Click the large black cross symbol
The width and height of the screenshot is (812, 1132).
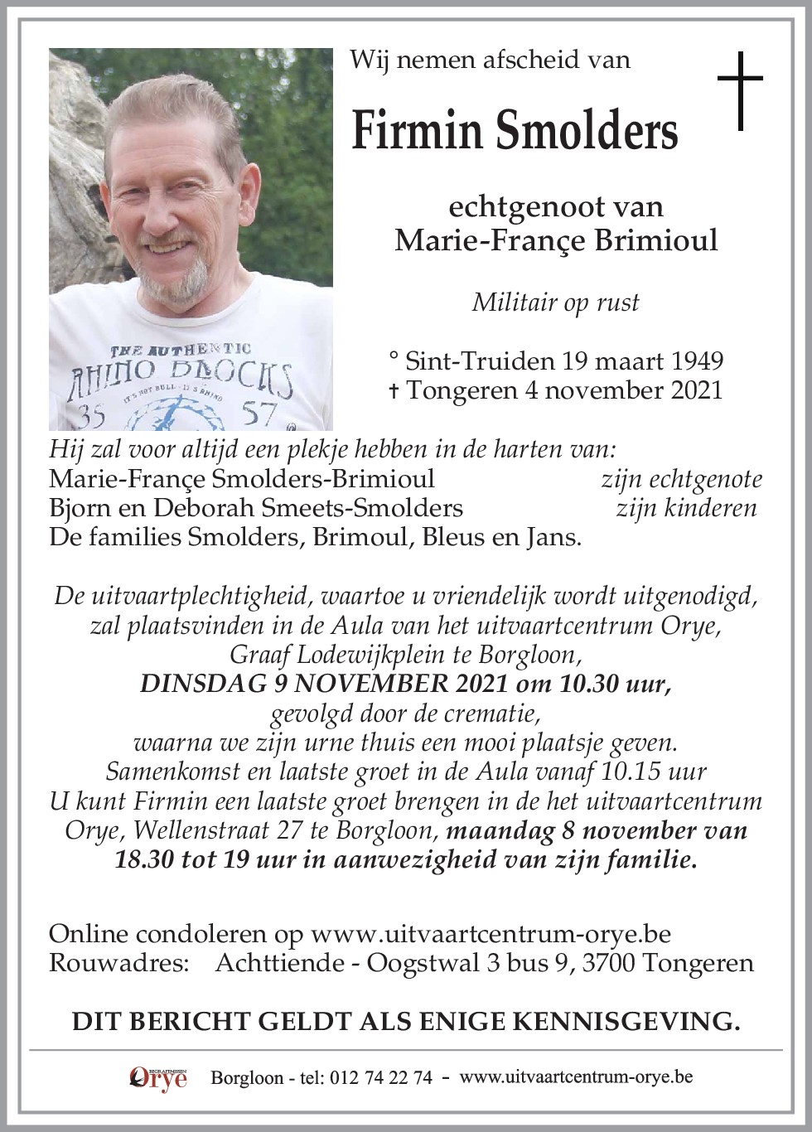pyautogui.click(x=739, y=90)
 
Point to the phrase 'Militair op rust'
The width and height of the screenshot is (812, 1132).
pyautogui.click(x=555, y=302)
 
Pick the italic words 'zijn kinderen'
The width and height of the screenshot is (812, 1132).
pyautogui.click(x=686, y=508)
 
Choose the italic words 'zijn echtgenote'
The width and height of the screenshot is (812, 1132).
pyautogui.click(x=680, y=479)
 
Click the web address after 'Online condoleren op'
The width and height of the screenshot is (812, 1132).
pyautogui.click(x=491, y=934)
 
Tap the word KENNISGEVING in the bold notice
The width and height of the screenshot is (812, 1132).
pyautogui.click(x=626, y=1022)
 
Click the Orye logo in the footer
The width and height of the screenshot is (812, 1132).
pyautogui.click(x=158, y=1078)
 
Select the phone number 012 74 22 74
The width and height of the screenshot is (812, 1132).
pyautogui.click(x=380, y=1078)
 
